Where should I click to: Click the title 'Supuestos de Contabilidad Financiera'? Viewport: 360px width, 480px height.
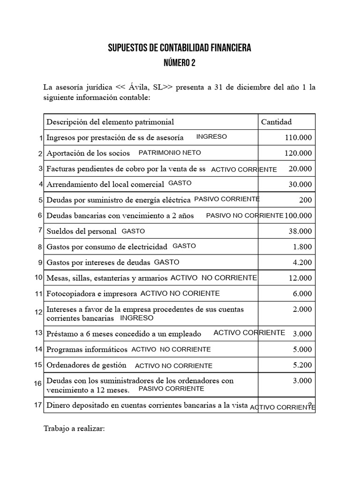point(180,48)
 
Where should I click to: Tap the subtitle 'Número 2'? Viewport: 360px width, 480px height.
point(180,63)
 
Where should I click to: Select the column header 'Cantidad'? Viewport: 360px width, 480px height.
point(276,122)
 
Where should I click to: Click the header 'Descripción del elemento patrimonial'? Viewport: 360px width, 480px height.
point(110,122)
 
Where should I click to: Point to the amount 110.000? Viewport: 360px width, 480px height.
point(298,137)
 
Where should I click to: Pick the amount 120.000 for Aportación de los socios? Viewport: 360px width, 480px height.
point(298,153)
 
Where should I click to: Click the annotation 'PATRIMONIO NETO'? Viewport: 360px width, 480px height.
point(170,152)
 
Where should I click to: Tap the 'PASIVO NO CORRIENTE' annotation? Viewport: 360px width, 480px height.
point(245,216)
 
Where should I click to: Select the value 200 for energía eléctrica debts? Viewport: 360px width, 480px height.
point(305,200)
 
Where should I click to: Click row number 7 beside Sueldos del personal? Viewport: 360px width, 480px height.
point(40,230)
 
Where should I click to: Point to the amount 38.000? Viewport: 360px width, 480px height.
point(300,231)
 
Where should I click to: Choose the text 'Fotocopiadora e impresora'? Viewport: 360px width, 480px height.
point(91,294)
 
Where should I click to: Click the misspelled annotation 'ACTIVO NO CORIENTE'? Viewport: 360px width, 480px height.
point(180,293)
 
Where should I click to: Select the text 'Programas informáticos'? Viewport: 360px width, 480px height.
point(87,349)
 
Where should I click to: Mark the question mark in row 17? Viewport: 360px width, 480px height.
point(310,405)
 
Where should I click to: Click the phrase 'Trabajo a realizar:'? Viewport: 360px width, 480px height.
point(74,428)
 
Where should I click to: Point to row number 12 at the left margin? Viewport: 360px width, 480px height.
point(38,312)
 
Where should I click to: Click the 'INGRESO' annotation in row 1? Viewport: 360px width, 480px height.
point(211,136)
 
